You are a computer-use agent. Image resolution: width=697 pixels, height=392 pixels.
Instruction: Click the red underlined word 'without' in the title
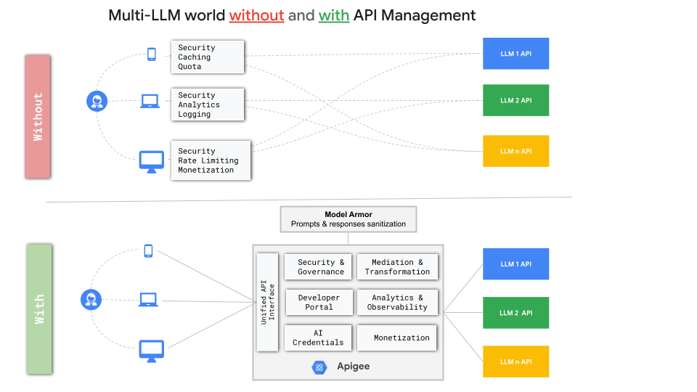pos(256,15)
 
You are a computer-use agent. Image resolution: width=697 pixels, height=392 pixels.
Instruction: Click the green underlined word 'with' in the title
pos(334,15)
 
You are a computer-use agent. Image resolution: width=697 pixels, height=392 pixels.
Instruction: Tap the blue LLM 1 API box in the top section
pos(515,54)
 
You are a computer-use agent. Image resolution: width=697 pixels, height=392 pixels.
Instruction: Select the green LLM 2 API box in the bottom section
pos(515,313)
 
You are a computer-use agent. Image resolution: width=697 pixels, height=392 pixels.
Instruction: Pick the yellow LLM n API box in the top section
pos(515,151)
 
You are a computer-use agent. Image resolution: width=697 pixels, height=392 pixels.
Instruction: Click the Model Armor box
pos(348,219)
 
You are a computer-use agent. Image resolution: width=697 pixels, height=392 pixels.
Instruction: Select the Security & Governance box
pos(321,267)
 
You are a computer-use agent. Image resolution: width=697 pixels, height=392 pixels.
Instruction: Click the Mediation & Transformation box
pos(397,267)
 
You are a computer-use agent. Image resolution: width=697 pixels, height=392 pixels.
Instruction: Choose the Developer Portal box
pos(319,302)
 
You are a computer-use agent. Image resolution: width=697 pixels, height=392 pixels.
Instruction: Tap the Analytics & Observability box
pos(397,302)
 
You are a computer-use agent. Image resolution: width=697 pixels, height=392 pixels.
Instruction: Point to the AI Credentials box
pos(318,338)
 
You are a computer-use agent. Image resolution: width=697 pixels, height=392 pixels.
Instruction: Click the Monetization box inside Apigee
pos(401,338)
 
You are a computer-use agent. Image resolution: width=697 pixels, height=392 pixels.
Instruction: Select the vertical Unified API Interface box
pos(267,302)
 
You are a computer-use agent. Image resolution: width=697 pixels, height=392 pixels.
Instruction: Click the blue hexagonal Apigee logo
pos(319,367)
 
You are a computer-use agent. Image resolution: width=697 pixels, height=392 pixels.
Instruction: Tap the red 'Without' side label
pos(38,116)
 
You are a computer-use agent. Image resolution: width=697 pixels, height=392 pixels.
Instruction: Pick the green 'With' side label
pos(38,309)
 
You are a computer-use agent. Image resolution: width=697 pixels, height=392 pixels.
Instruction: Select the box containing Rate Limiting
pos(211,160)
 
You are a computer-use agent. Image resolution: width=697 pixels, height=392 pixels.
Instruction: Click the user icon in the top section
pos(97,101)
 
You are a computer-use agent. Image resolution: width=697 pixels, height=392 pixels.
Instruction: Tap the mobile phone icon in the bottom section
pos(148,251)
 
